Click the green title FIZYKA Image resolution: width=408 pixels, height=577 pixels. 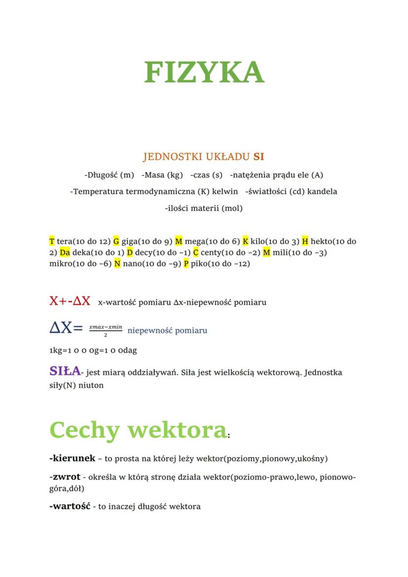[204, 72]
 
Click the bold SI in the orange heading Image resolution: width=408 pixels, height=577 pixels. [259, 157]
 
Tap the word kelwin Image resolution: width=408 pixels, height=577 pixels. [225, 191]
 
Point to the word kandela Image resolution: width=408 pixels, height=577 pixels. [322, 191]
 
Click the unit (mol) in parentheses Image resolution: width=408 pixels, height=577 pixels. [232, 208]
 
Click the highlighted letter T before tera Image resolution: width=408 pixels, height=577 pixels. [52, 241]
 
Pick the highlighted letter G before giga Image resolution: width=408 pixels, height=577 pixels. [116, 241]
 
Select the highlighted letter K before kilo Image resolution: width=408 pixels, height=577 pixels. [245, 241]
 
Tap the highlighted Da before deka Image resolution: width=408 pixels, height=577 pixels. [65, 252]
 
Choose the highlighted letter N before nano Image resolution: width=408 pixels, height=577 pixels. [117, 264]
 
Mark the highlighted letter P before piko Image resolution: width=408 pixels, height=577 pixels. [186, 264]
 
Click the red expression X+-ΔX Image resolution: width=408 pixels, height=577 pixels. [70, 301]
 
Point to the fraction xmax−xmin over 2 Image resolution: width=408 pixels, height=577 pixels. [105, 330]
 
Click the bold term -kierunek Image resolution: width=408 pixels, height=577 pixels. [72, 458]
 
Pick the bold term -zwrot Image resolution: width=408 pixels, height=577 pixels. [65, 477]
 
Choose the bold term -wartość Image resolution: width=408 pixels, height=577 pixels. [69, 506]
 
